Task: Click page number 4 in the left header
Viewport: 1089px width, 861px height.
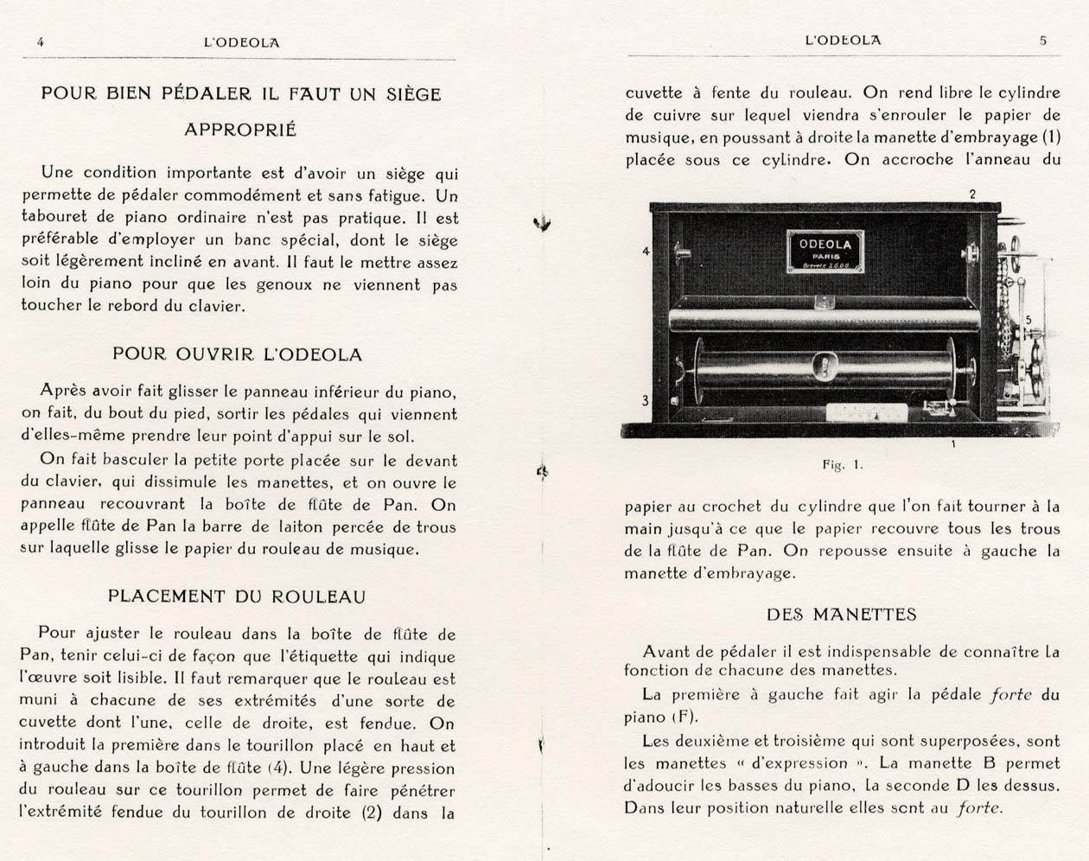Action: coord(41,41)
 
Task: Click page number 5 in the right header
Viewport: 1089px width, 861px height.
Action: coord(1043,40)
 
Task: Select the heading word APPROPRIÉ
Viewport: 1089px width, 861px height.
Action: coord(240,130)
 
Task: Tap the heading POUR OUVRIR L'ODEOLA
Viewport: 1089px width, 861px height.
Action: coord(238,354)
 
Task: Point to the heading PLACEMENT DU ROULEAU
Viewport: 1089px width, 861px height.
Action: coord(237,596)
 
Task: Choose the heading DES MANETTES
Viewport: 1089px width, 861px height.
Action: coord(841,615)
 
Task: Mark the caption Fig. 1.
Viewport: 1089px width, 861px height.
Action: coord(843,464)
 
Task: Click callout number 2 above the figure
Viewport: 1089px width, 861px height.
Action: coord(972,195)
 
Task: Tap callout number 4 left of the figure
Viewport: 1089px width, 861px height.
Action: coord(645,252)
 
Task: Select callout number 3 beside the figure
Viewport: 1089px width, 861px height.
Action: coord(645,400)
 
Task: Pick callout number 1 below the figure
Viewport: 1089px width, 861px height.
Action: coord(952,444)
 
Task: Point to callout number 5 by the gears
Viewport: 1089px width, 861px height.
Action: coord(1028,320)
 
